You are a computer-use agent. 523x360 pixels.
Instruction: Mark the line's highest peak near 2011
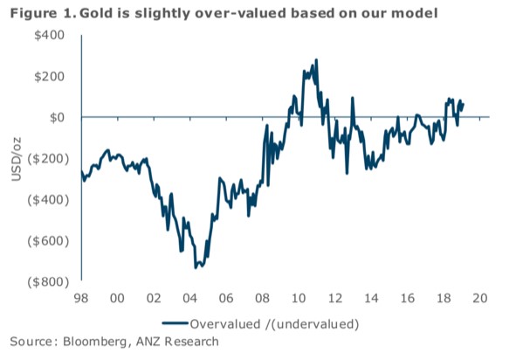pos(316,60)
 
